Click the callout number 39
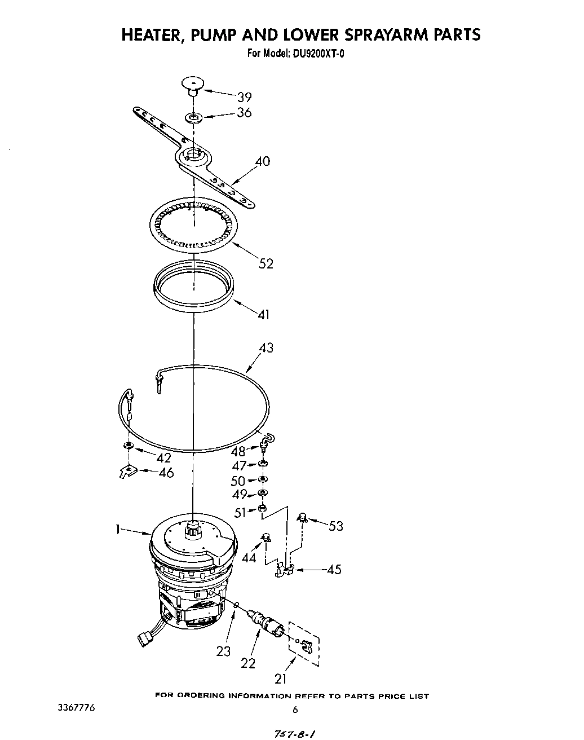[244, 96]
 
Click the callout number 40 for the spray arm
[262, 161]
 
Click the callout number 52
[266, 263]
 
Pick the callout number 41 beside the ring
[263, 314]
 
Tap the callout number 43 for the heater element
[266, 348]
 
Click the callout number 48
[238, 451]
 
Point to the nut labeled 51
[262, 510]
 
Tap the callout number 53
[335, 526]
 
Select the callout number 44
[249, 558]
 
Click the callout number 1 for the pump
[117, 529]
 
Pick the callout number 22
[248, 663]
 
